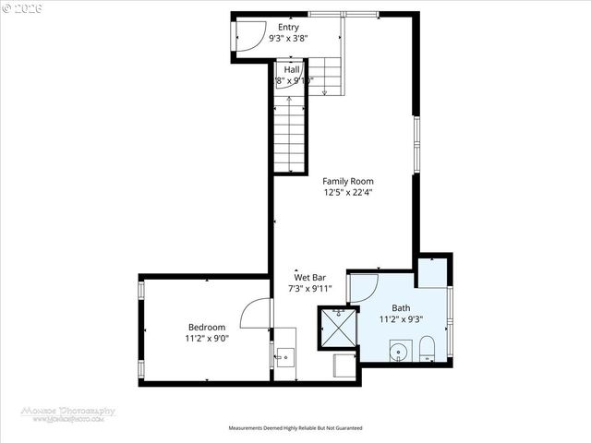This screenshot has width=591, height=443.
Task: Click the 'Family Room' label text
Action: [x=347, y=182]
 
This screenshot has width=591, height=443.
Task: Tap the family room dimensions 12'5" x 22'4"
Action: [x=347, y=193]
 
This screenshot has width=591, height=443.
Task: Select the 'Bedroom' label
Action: [x=207, y=327]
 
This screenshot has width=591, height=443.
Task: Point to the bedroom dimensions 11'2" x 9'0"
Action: [x=207, y=339]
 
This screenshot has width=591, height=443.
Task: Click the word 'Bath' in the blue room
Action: [x=401, y=308]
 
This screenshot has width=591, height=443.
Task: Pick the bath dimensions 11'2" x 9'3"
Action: [x=401, y=319]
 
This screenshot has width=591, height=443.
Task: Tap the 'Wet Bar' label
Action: [x=309, y=277]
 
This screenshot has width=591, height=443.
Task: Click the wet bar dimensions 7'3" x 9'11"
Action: [x=309, y=289]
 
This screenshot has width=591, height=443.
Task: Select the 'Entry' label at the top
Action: [x=288, y=28]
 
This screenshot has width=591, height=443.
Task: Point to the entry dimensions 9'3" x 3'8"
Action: [x=288, y=40]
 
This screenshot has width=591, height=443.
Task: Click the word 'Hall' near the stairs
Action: [x=292, y=69]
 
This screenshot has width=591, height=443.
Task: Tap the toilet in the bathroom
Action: [x=427, y=350]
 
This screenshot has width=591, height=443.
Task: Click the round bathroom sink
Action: [x=400, y=351]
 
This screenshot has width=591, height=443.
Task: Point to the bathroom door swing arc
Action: [x=362, y=287]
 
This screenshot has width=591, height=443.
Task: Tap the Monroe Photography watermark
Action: [x=69, y=413]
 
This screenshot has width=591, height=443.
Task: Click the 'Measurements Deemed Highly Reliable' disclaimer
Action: [x=295, y=428]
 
